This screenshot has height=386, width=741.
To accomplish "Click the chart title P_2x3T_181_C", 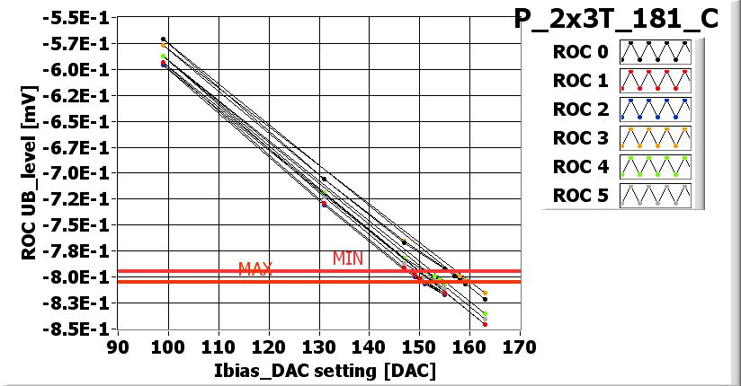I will pyautogui.click(x=616, y=19).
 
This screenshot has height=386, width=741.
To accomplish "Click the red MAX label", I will pyautogui.click(x=255, y=268).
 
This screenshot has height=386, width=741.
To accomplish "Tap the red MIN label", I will pyautogui.click(x=348, y=259).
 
